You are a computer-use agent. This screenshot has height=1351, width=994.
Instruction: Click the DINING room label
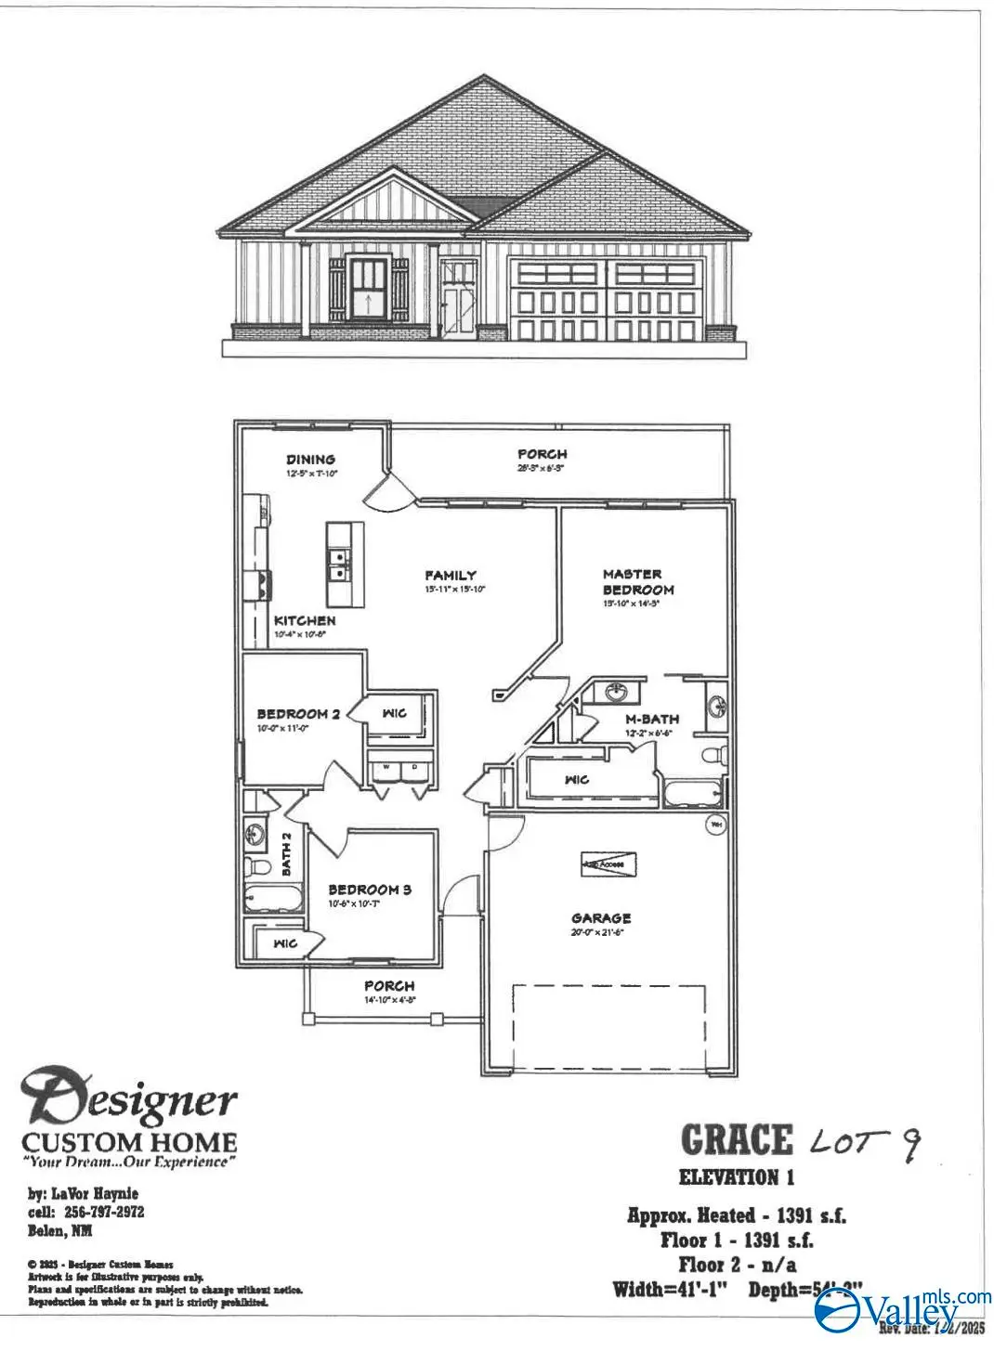[x=310, y=459]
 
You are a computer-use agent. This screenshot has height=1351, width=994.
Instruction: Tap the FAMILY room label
[x=451, y=576]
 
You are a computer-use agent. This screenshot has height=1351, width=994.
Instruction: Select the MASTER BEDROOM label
[x=638, y=582]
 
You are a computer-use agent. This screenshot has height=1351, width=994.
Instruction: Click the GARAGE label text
[x=601, y=918]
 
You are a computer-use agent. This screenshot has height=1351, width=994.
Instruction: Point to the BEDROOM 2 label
[x=298, y=714]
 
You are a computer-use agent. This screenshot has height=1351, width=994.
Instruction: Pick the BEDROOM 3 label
[x=369, y=890]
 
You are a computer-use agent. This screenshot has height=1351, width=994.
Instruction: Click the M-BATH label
[x=651, y=719]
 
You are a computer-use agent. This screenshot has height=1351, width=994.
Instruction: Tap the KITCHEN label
[x=305, y=620]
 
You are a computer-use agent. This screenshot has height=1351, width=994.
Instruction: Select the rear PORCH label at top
[x=543, y=454]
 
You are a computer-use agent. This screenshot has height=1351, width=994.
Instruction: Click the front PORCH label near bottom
[x=389, y=985]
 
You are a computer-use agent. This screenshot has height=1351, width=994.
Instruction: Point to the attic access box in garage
[x=608, y=864]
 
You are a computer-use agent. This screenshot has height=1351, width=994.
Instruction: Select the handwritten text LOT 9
[x=865, y=1142]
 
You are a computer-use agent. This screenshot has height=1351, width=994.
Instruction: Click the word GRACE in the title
[x=737, y=1140]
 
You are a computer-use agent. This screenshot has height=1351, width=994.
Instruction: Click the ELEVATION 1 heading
[x=737, y=1177]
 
